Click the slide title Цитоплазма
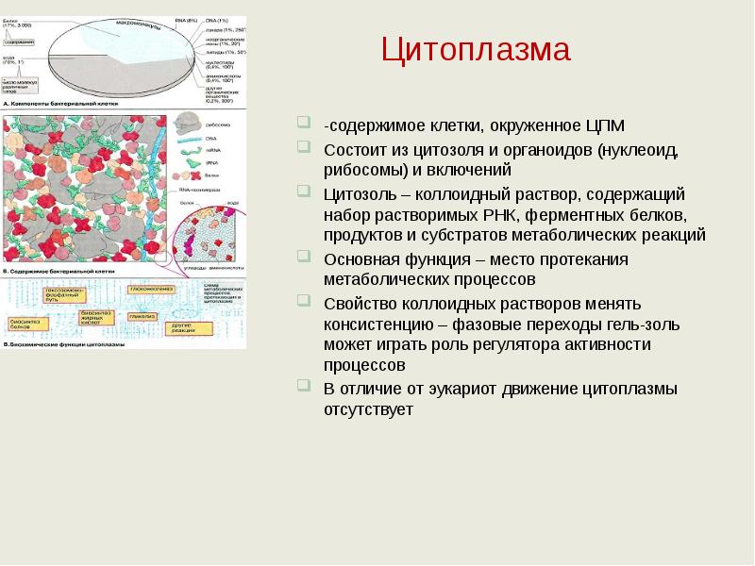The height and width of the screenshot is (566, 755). [x=476, y=49]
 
